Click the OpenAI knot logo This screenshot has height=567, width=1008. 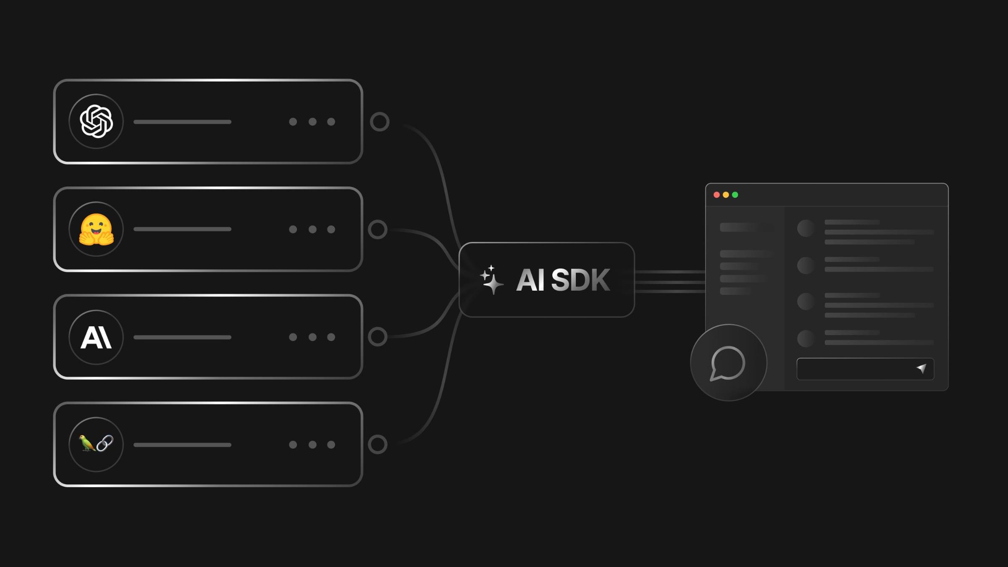(96, 121)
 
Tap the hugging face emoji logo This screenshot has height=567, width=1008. (96, 229)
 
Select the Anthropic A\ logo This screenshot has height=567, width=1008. (96, 337)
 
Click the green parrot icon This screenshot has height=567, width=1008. (87, 443)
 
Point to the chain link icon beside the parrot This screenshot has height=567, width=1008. (105, 443)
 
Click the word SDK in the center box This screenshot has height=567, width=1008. (580, 280)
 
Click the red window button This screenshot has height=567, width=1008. (717, 195)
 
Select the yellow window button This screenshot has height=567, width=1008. (726, 195)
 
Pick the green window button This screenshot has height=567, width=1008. (735, 195)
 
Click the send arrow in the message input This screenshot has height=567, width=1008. (921, 368)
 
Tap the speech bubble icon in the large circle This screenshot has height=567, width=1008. (728, 363)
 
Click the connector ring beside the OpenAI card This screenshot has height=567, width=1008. (380, 122)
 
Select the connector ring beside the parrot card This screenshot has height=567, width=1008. (378, 444)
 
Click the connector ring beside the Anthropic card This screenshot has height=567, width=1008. (378, 337)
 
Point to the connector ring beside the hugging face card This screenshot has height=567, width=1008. (378, 229)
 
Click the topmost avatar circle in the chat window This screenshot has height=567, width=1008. (806, 228)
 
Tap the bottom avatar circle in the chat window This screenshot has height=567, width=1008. (806, 339)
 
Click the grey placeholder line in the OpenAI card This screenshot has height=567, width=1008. (182, 122)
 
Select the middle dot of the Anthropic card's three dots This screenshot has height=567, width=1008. (312, 337)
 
